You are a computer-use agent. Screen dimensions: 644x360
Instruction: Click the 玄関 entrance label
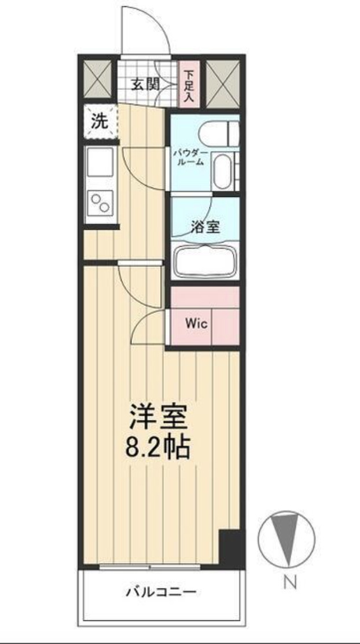[x=144, y=85]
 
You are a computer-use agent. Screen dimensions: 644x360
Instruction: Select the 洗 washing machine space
[x=100, y=122]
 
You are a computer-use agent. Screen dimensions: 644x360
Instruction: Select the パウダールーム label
[x=189, y=158]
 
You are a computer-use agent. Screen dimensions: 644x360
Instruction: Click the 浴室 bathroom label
[x=205, y=226]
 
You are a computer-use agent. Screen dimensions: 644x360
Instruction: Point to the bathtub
[x=205, y=261]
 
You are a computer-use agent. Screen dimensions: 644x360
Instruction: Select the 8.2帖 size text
[x=159, y=447]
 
